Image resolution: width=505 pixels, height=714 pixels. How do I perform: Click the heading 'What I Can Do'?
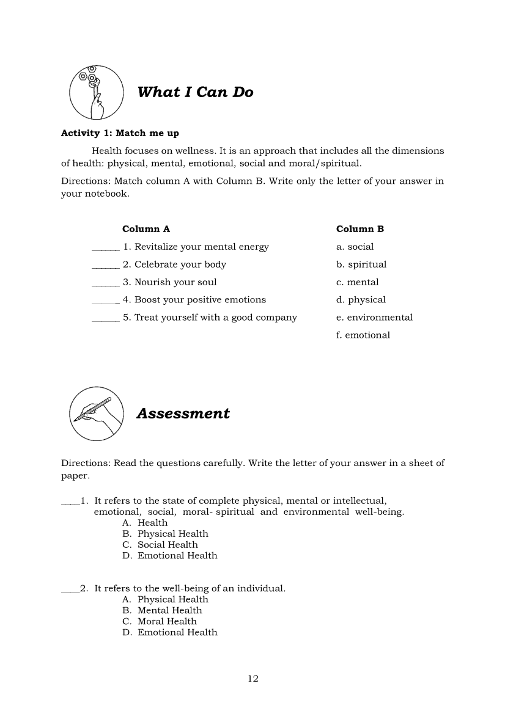pyautogui.click(x=195, y=92)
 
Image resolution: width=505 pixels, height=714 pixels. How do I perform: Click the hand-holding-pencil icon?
pyautogui.click(x=94, y=413)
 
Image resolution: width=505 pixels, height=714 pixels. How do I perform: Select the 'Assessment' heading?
pyautogui.click(x=183, y=413)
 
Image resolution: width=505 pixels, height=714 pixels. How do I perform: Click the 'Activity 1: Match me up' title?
pyautogui.click(x=120, y=133)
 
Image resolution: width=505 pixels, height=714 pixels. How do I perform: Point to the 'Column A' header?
pyautogui.click(x=146, y=229)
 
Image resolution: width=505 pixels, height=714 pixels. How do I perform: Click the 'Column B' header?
pyautogui.click(x=360, y=229)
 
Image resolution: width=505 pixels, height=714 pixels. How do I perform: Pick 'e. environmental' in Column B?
pyautogui.click(x=374, y=318)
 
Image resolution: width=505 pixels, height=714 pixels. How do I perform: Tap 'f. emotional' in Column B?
pyautogui.click(x=363, y=335)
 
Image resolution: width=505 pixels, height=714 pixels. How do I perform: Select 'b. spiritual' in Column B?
pyautogui.click(x=361, y=264)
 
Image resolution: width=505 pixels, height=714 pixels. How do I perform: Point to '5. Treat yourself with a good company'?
pyautogui.click(x=210, y=318)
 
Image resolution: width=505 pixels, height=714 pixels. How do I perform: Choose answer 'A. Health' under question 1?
pyautogui.click(x=145, y=523)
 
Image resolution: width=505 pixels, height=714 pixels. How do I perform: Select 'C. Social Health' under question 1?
pyautogui.click(x=160, y=545)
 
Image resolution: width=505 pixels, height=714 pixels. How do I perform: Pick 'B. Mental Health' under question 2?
pyautogui.click(x=162, y=611)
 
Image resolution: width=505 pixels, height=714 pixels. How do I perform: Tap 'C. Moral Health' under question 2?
pyautogui.click(x=160, y=622)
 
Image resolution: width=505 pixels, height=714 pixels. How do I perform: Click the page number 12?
pyautogui.click(x=253, y=679)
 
